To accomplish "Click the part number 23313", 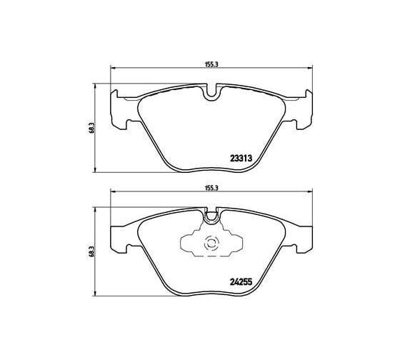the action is tap(241, 159).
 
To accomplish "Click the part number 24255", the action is tap(241, 281).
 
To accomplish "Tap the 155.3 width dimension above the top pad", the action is tap(211, 64).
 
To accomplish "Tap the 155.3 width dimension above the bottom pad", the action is tap(211, 188).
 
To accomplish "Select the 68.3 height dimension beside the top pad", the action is tap(92, 128).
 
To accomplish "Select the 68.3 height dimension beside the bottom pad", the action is tap(92, 251).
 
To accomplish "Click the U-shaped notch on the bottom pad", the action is tap(211, 216).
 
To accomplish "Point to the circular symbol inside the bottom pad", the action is tap(211, 244).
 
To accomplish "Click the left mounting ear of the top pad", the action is tap(120, 110).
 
